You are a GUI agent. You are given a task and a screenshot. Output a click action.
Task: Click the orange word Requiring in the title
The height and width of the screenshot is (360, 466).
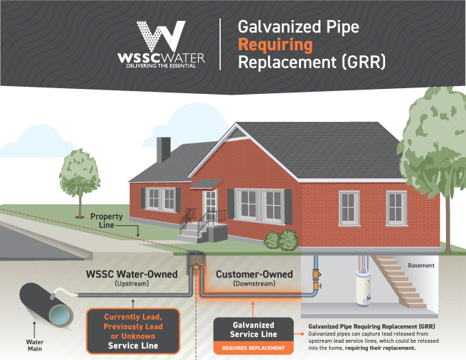277,45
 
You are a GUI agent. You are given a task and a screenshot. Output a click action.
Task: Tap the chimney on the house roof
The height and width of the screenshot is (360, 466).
163,149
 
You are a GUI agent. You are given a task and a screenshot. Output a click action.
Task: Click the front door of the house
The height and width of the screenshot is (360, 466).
210,205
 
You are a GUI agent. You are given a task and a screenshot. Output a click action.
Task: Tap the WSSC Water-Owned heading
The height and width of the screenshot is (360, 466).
129,274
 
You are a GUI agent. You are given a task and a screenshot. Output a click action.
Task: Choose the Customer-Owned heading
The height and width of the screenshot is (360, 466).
254,274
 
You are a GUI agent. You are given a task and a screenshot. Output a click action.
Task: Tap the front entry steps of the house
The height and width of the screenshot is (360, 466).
191,232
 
